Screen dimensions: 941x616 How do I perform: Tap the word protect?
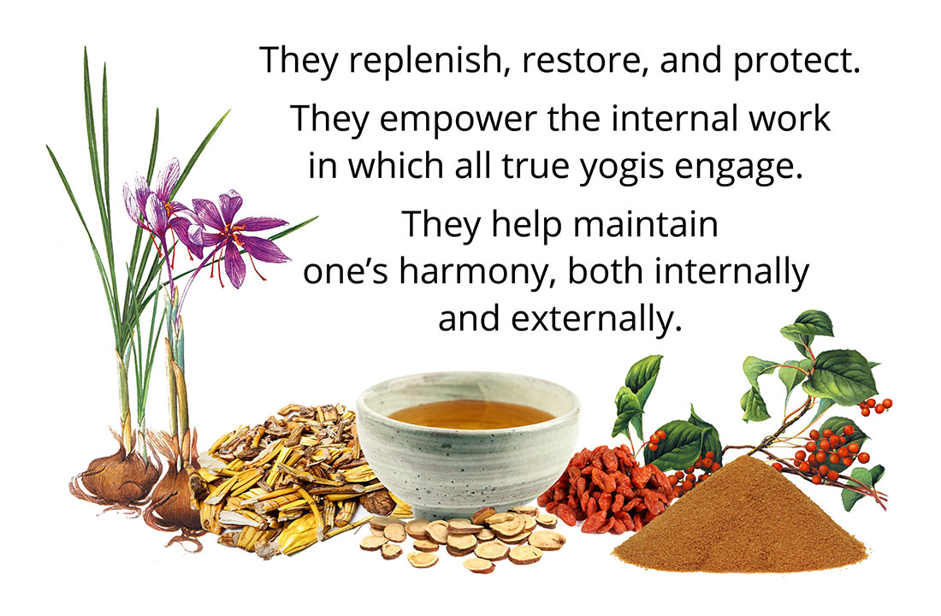796,62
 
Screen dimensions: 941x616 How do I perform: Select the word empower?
458,120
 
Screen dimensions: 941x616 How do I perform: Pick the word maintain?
646,224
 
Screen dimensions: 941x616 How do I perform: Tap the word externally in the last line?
596,319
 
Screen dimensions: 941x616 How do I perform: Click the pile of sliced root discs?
465,536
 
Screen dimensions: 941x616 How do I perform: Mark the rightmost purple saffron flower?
237,236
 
